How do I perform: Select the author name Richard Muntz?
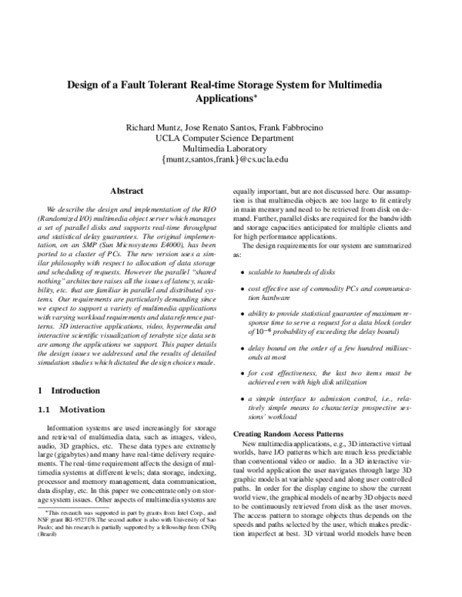tap(152, 126)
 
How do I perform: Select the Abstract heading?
tap(126, 190)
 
